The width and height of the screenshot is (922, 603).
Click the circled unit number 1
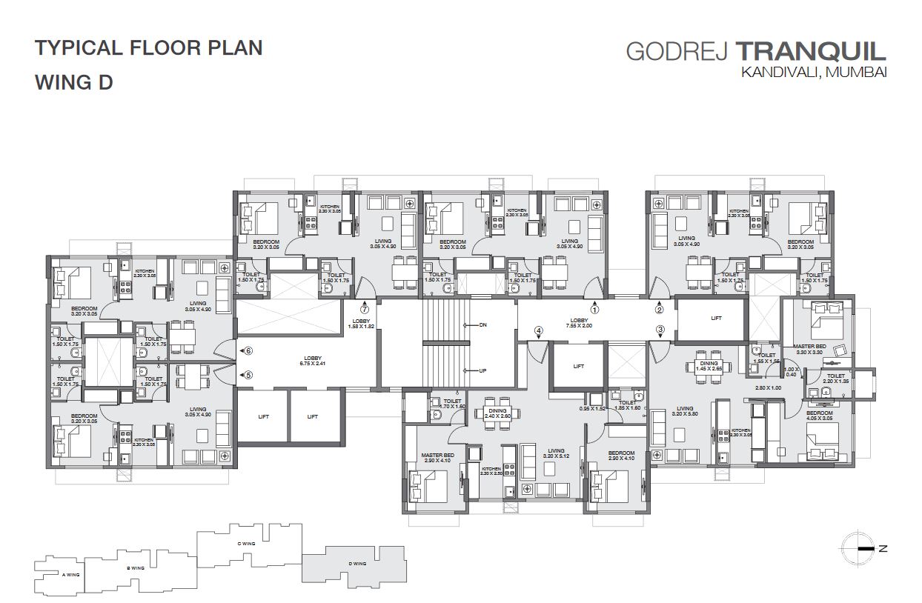(x=594, y=310)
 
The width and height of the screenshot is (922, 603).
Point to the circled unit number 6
(x=249, y=350)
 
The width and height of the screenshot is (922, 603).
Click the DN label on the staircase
(x=482, y=325)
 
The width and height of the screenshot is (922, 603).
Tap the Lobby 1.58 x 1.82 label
(x=362, y=324)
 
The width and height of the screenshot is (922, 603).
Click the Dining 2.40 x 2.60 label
(x=497, y=413)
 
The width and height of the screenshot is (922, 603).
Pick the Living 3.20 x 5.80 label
(x=684, y=411)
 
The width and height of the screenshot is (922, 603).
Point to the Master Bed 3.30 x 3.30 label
(x=809, y=349)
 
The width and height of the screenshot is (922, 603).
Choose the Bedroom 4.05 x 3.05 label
(x=818, y=415)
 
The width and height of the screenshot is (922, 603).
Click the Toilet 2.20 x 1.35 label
(x=835, y=378)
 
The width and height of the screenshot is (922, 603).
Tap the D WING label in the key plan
(x=357, y=564)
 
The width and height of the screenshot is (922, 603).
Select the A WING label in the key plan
(x=71, y=574)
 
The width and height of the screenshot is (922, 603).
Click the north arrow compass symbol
(x=861, y=549)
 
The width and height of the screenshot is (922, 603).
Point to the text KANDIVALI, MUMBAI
(x=812, y=73)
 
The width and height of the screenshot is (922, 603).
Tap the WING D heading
(x=74, y=82)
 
